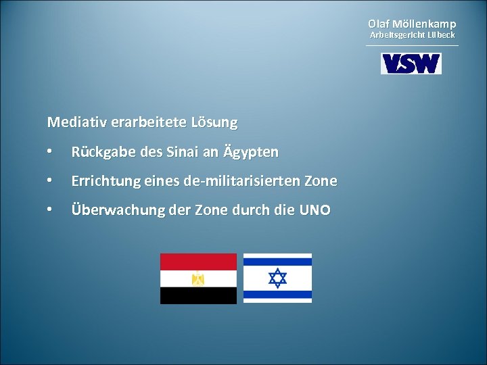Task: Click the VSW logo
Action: (411, 64)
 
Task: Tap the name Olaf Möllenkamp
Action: (412, 24)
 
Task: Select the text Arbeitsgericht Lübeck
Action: (412, 34)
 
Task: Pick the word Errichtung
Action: (104, 182)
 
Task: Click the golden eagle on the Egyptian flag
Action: (198, 278)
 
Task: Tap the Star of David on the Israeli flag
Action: (277, 278)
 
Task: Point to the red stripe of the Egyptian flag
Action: (198, 262)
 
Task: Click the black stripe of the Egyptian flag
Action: (198, 295)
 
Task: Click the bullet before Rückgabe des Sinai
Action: (50, 153)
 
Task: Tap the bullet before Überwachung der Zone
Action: (50, 210)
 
